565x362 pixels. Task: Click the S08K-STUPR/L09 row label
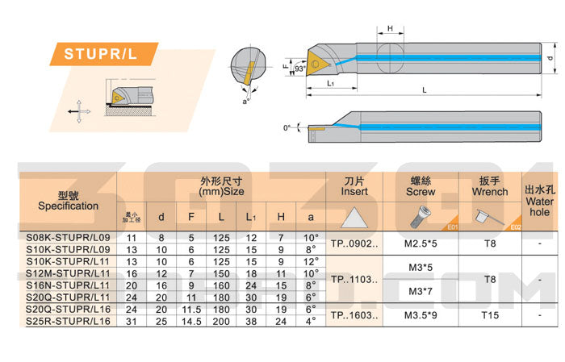pos(68,238)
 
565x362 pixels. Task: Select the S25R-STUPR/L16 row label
pos(68,321)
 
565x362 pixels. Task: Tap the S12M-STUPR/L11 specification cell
pos(68,274)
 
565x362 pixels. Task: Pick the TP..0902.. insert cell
pos(354,243)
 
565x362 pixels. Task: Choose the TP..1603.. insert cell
pos(354,315)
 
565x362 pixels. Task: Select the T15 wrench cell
pos(489,315)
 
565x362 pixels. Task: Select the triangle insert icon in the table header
pos(354,217)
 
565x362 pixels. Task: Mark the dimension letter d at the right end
pos(550,59)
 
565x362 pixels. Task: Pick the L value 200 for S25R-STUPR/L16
pos(220,321)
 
